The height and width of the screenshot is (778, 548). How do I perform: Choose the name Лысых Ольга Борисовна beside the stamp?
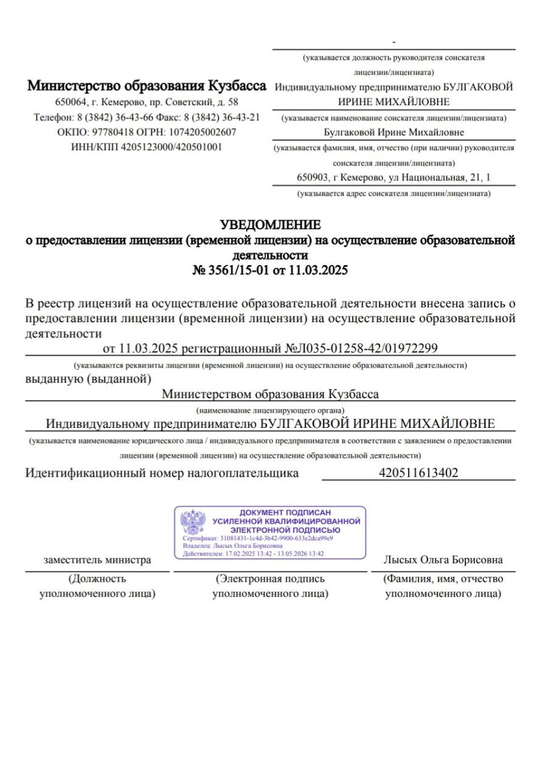point(443,560)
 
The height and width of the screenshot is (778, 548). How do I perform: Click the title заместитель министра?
point(97,560)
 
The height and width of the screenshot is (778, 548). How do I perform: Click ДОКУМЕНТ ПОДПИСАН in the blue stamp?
point(285,512)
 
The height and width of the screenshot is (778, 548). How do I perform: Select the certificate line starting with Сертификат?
point(258,539)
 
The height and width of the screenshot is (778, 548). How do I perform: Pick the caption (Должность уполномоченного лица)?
point(97,586)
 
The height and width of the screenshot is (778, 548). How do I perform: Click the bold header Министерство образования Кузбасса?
point(147,86)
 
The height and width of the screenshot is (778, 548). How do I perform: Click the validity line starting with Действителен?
point(253,554)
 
